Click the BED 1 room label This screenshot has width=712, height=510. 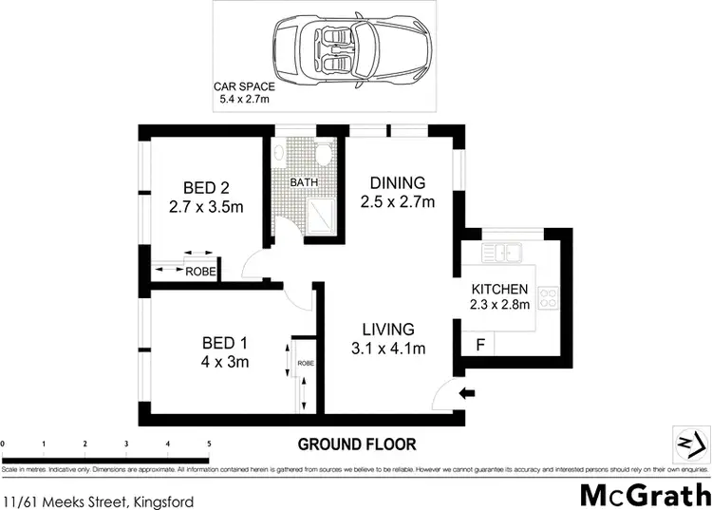point(225,351)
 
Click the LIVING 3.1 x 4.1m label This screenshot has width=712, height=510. point(386,338)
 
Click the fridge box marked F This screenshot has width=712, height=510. point(479,345)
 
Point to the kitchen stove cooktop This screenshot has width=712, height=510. point(550,298)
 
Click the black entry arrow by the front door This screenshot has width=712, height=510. point(467,392)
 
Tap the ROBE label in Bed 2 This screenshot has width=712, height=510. point(199,272)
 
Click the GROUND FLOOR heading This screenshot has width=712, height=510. point(356,444)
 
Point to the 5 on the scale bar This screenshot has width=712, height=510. point(209,444)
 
